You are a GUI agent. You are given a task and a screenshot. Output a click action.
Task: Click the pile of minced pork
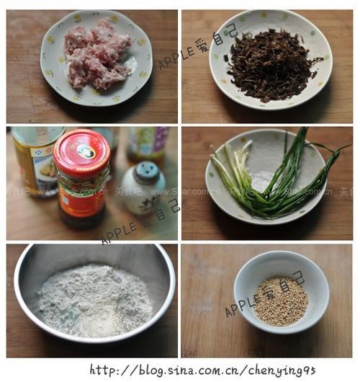tap(97, 54)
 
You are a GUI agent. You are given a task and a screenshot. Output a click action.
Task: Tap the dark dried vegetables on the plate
tap(270, 65)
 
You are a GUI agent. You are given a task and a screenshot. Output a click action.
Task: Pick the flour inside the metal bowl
tap(94, 299)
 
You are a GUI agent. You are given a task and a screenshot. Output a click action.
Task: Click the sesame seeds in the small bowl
tap(281, 300)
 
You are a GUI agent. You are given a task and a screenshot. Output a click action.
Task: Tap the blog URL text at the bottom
tap(202, 370)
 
